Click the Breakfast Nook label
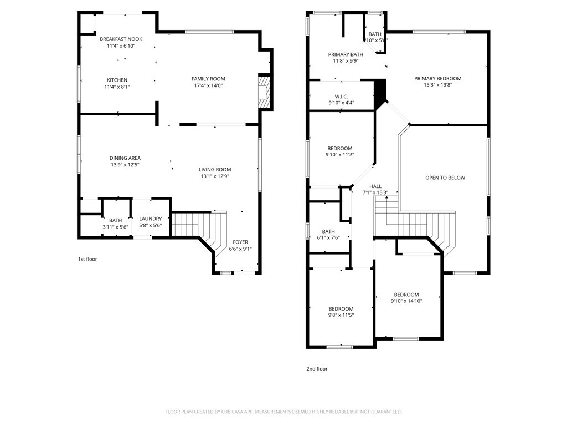pyautogui.click(x=121, y=39)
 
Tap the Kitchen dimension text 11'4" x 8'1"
pyautogui.click(x=117, y=87)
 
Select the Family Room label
pyautogui.click(x=208, y=79)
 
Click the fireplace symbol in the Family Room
pyautogui.click(x=264, y=91)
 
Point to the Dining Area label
pyautogui.click(x=125, y=158)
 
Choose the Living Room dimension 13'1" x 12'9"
pyautogui.click(x=215, y=176)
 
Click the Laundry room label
pyautogui.click(x=150, y=219)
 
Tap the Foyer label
pyautogui.click(x=240, y=242)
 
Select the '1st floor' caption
pyautogui.click(x=87, y=259)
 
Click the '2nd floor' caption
pyautogui.click(x=317, y=368)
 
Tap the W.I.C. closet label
pyautogui.click(x=341, y=96)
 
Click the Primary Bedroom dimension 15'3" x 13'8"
pyautogui.click(x=437, y=85)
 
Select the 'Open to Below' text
pyautogui.click(x=445, y=177)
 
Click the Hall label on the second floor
pyautogui.click(x=375, y=186)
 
